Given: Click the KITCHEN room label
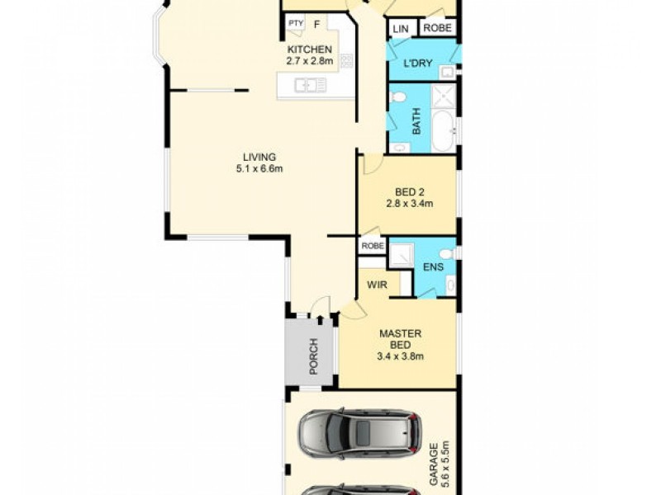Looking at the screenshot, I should (x=309, y=49).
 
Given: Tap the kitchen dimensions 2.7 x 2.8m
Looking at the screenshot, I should (x=309, y=61).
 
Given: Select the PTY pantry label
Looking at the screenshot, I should (x=295, y=24).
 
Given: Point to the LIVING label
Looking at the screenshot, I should (x=259, y=158).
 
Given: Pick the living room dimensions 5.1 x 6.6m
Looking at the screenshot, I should (x=259, y=170).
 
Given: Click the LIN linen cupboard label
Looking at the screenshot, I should (x=401, y=29).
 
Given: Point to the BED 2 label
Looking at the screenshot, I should (x=410, y=191).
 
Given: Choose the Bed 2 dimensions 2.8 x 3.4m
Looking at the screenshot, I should (x=410, y=203).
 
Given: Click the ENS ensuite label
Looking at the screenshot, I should (x=433, y=266).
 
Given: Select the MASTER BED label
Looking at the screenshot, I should (x=401, y=339).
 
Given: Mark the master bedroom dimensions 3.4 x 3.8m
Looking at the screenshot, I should (x=401, y=356).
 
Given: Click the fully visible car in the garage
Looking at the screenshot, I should (x=359, y=433).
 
